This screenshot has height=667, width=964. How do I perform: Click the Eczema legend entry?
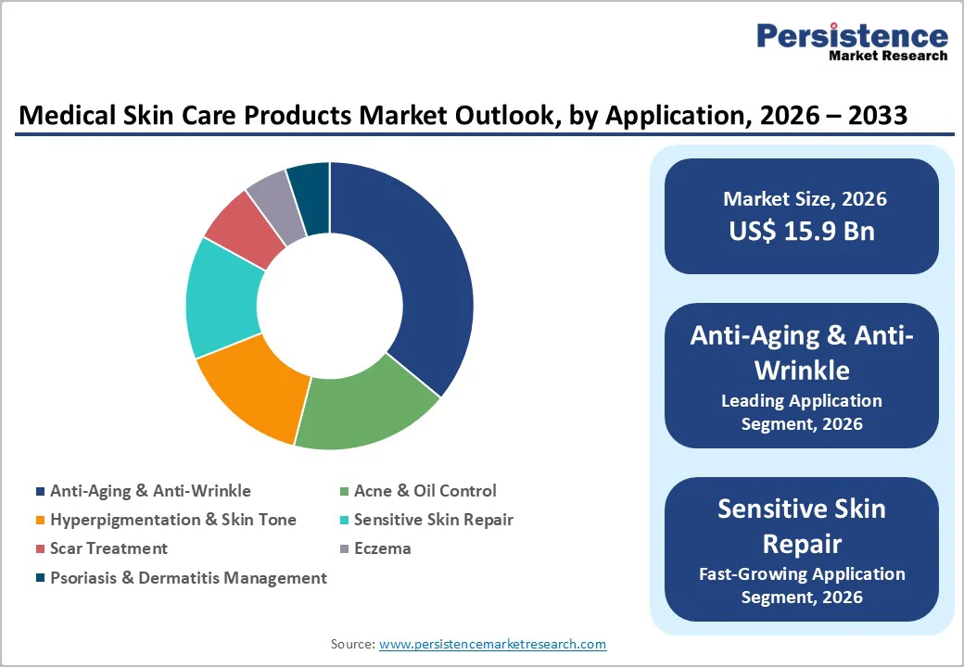point(382,548)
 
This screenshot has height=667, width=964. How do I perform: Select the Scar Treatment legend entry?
point(108,548)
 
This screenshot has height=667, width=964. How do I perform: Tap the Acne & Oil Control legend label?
point(425,491)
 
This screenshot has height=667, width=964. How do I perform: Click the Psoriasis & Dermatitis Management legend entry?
point(188,578)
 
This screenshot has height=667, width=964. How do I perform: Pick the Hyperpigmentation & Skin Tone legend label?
point(173,520)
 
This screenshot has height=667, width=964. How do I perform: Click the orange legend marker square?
point(39,521)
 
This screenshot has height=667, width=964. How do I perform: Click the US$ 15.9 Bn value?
point(802,231)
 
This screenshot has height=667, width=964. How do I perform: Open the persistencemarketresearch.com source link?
point(492,644)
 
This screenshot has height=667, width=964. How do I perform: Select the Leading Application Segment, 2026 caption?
point(802,412)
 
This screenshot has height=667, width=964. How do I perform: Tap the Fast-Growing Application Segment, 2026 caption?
point(802,585)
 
